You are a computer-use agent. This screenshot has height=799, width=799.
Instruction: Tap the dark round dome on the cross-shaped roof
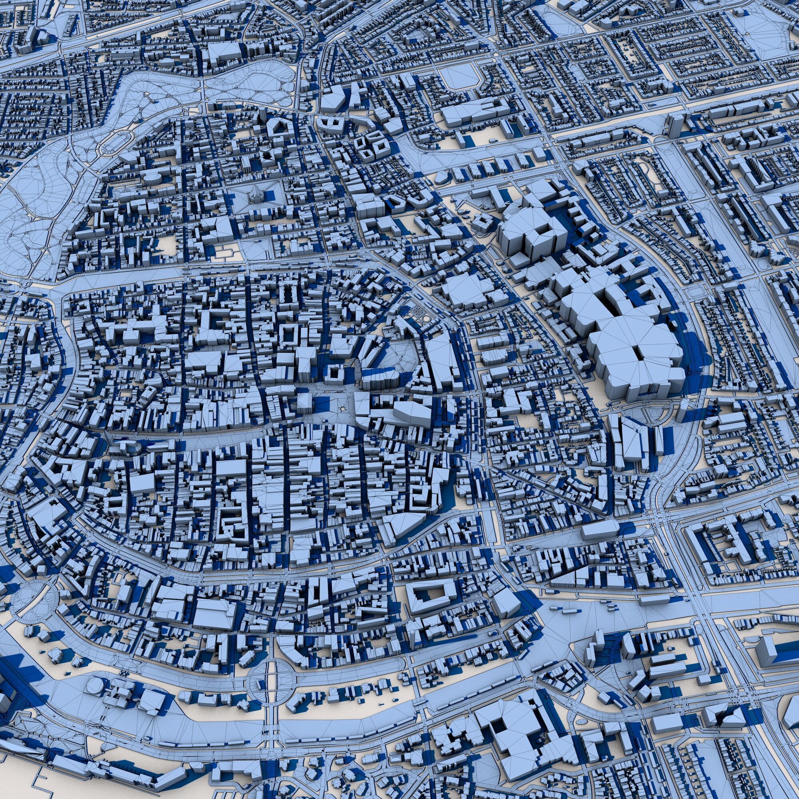click(x=266, y=155)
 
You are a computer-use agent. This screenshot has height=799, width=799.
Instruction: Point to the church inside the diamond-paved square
click(x=256, y=195)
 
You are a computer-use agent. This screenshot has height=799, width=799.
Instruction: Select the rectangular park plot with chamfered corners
click(x=458, y=77)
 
